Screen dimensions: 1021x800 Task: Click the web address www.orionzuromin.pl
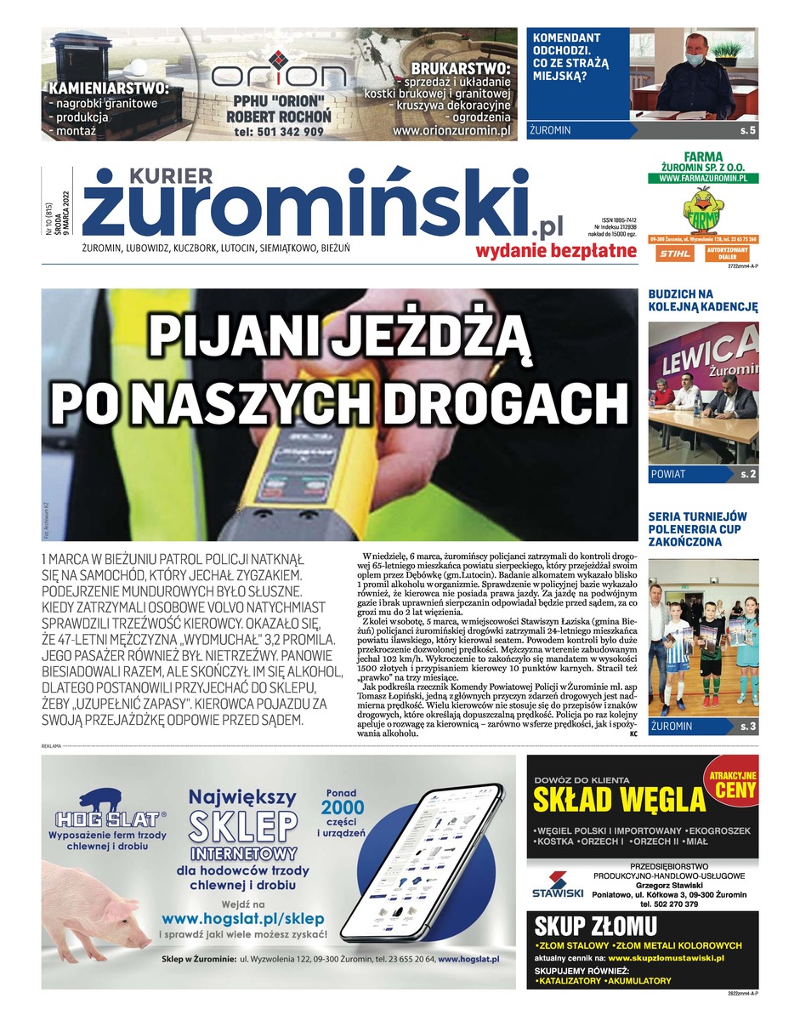(x=451, y=132)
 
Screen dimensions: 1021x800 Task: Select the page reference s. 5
(x=747, y=131)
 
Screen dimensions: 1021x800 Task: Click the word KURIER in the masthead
(x=171, y=175)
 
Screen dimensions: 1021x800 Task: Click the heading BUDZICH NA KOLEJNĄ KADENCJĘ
(x=702, y=300)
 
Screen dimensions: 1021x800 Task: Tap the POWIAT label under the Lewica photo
(x=668, y=474)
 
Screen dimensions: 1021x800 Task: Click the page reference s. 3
(x=747, y=726)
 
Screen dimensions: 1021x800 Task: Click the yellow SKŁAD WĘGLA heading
(x=620, y=800)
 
